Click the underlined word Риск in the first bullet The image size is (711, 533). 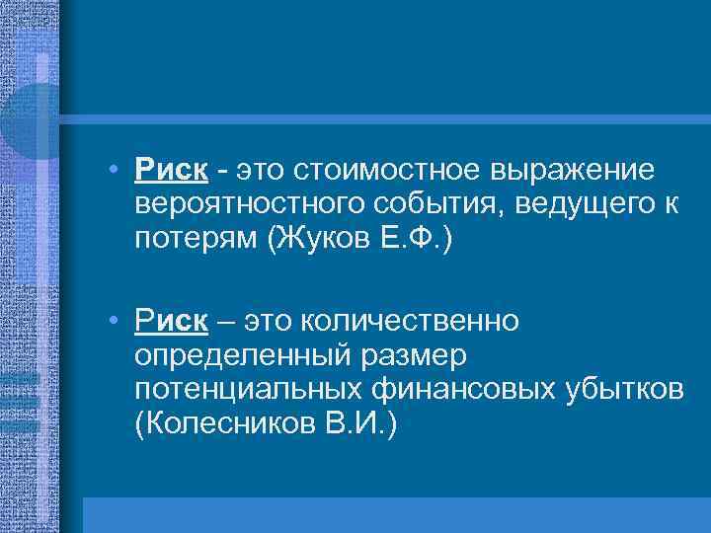click(x=172, y=171)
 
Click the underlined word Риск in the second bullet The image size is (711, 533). click(x=172, y=322)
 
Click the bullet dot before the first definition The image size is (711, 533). click(x=116, y=171)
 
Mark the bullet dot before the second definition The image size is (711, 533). click(x=116, y=322)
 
